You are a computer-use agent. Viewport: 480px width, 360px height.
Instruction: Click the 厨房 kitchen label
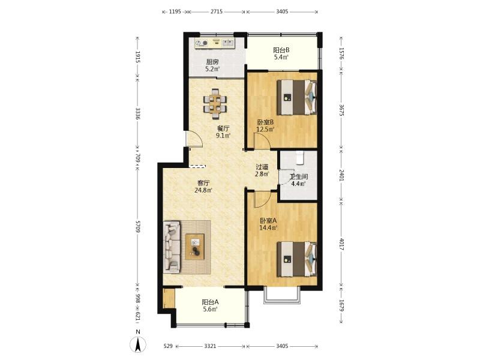pyautogui.click(x=212, y=62)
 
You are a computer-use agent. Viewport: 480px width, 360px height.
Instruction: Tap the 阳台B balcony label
pyautogui.click(x=281, y=50)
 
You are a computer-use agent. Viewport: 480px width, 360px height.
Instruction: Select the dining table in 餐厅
pyautogui.click(x=215, y=104)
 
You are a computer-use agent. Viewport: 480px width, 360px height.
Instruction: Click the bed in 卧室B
pyautogui.click(x=297, y=97)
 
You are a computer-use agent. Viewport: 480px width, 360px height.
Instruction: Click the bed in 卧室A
pyautogui.click(x=297, y=259)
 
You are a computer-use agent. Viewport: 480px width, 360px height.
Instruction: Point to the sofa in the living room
pyautogui.click(x=172, y=247)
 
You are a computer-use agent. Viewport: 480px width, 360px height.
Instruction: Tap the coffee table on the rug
pyautogui.click(x=194, y=247)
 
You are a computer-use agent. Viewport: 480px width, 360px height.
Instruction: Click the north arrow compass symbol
pyautogui.click(x=138, y=344)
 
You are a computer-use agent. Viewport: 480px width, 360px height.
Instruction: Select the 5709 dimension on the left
pyautogui.click(x=138, y=227)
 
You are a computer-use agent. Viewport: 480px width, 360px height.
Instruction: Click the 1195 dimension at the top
pyautogui.click(x=175, y=11)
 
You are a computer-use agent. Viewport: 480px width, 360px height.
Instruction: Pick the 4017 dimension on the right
pyautogui.click(x=342, y=245)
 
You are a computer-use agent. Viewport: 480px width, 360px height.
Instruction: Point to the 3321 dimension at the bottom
pyautogui.click(x=210, y=346)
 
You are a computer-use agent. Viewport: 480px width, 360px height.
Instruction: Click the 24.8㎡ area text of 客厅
pyautogui.click(x=203, y=190)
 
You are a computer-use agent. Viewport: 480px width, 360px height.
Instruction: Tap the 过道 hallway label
pyautogui.click(x=262, y=167)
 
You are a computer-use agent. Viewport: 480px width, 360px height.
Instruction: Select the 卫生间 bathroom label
pyautogui.click(x=299, y=177)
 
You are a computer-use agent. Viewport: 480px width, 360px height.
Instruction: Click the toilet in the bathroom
pyautogui.click(x=300, y=157)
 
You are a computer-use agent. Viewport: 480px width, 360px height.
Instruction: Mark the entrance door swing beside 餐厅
pyautogui.click(x=194, y=139)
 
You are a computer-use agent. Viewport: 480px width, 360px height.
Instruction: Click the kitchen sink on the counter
pyautogui.click(x=227, y=43)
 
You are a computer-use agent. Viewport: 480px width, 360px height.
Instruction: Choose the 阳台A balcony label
pyautogui.click(x=211, y=302)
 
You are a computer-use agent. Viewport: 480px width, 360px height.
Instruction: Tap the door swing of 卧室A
pyautogui.click(x=262, y=199)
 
